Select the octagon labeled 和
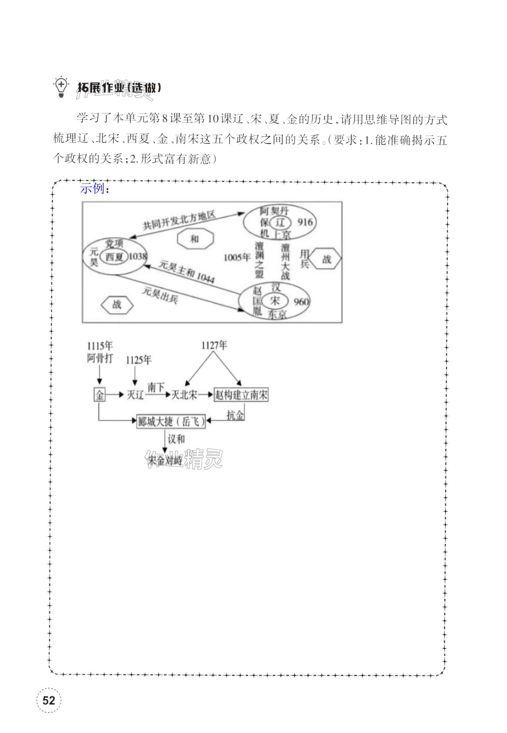[x=195, y=239]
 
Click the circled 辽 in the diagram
[x=280, y=223]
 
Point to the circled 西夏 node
[x=114, y=257]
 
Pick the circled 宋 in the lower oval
[x=275, y=300]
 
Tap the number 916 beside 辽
[x=305, y=222]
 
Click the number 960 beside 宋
[x=301, y=301]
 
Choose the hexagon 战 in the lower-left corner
[x=117, y=305]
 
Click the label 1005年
[x=237, y=257]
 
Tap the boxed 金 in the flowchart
[x=100, y=395]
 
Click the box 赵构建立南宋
[x=241, y=395]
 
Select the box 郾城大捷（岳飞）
[x=171, y=422]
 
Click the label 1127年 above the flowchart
[x=214, y=345]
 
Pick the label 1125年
[x=139, y=360]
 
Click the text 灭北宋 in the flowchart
[x=184, y=395]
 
